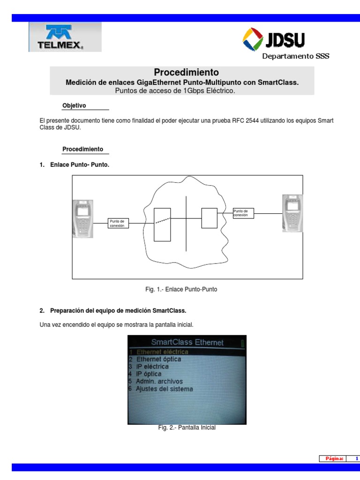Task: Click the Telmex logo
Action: (x=65, y=37)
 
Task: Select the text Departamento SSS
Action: (x=295, y=56)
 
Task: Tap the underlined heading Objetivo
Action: (x=74, y=105)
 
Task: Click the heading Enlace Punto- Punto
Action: (x=79, y=165)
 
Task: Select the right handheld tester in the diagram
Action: (x=292, y=213)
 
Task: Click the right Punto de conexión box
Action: (x=243, y=213)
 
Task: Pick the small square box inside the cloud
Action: (x=209, y=218)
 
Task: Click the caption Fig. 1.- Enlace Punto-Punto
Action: (x=181, y=290)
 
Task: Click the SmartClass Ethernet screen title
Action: (x=187, y=343)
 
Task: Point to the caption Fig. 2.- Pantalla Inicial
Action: (x=187, y=427)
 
